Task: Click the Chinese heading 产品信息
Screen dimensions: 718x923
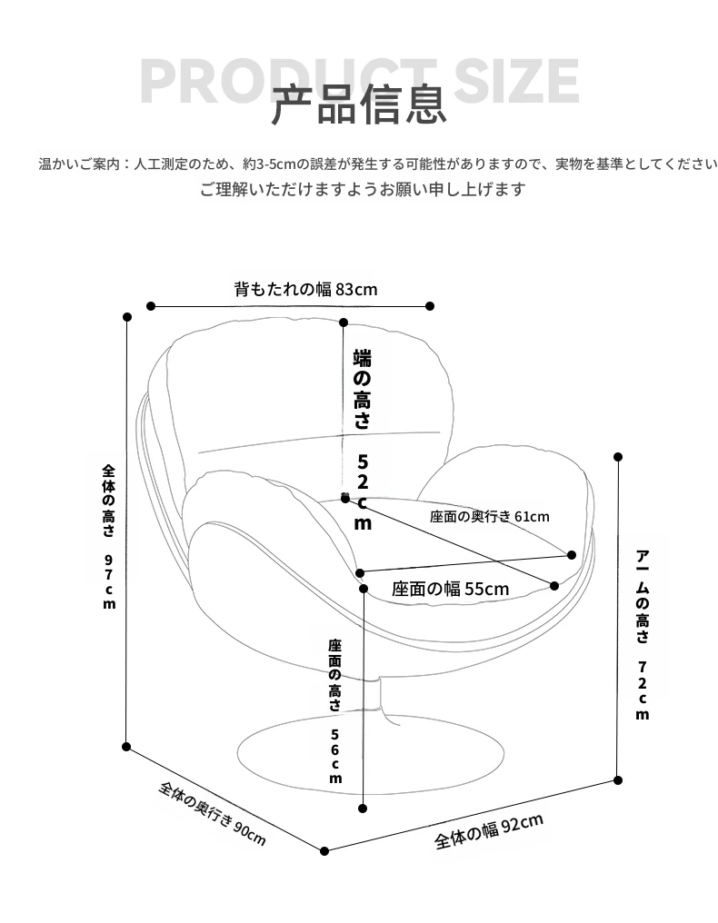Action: pos(358,104)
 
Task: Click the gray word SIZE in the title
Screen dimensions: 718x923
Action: pos(516,81)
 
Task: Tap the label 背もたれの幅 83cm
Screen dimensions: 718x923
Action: pos(305,289)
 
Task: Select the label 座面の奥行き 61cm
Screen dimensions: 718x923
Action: pos(490,517)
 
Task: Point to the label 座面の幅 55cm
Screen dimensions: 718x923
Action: pos(451,589)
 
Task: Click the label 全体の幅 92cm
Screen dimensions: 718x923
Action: pos(489,832)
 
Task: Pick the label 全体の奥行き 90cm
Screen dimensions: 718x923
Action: pos(213,813)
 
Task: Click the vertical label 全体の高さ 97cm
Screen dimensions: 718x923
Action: pos(109,536)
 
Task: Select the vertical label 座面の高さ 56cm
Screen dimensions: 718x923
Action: pos(335,711)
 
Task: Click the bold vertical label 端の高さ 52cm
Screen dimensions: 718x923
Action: pos(363,440)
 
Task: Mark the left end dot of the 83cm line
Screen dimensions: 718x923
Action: pos(151,306)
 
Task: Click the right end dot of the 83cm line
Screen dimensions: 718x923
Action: pos(430,306)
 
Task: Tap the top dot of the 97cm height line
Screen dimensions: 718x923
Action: pos(126,317)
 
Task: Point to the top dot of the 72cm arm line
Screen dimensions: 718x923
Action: pos(618,457)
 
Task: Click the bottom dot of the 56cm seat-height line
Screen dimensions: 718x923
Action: pos(363,809)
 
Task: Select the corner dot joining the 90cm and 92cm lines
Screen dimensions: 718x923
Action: pos(324,850)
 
